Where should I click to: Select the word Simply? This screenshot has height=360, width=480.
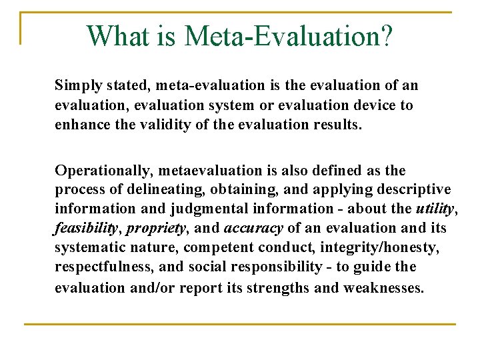click(x=77, y=86)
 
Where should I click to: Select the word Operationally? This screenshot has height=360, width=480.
click(x=97, y=171)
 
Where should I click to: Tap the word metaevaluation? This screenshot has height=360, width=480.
click(x=198, y=171)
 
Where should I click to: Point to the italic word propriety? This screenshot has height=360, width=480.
click(x=155, y=229)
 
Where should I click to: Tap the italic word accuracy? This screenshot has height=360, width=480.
click(x=253, y=229)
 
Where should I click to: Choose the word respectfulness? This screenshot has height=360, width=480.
click(x=98, y=267)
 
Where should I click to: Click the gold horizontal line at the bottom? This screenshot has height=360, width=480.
click(x=240, y=324)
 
